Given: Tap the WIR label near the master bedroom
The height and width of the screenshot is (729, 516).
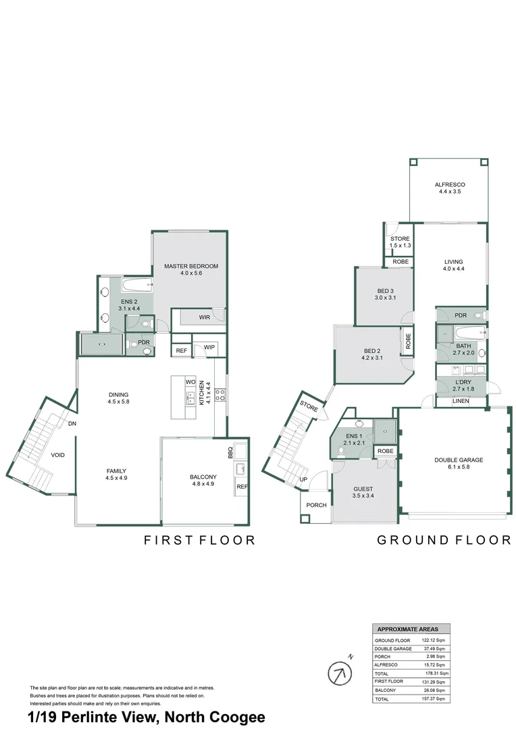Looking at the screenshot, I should (x=205, y=317).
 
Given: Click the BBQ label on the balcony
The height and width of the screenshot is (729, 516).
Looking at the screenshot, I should (x=230, y=451).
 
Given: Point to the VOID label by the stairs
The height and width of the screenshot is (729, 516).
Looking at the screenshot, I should (x=58, y=455).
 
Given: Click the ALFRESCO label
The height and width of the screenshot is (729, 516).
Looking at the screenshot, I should (x=450, y=184).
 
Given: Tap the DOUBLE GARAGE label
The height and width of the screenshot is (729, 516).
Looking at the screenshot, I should (x=459, y=460).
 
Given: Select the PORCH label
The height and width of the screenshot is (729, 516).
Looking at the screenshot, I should (x=316, y=505).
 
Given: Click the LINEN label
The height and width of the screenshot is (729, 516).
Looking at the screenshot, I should (x=461, y=402).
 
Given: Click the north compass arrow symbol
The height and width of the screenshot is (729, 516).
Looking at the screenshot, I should (x=340, y=672).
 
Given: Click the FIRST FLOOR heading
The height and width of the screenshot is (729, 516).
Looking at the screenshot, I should (x=199, y=540).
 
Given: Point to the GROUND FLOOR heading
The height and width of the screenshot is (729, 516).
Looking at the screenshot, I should (x=444, y=540).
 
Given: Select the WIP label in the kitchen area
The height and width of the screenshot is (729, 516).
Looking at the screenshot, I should (x=209, y=348).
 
